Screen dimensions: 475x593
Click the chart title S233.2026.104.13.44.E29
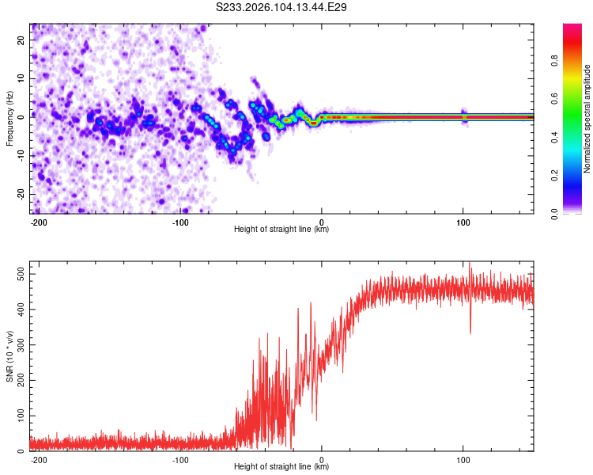pyautogui.click(x=282, y=7)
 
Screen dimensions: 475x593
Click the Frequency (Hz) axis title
pyautogui.click(x=9, y=118)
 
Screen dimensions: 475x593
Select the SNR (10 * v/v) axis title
pyautogui.click(x=9, y=356)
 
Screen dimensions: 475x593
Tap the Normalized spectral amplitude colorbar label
pyautogui.click(x=587, y=119)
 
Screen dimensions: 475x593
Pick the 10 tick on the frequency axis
pyautogui.click(x=21, y=79)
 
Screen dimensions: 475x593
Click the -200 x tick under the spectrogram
pyautogui.click(x=40, y=222)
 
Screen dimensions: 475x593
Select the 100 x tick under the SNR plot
pyautogui.click(x=463, y=459)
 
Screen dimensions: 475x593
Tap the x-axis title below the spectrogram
pyautogui.click(x=281, y=230)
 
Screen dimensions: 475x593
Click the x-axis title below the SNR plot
pyautogui.click(x=281, y=467)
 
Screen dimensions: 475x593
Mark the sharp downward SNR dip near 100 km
pyautogui.click(x=470, y=331)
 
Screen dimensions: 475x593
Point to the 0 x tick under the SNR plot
pyautogui.click(x=322, y=459)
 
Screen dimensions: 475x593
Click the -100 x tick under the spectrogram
pyautogui.click(x=180, y=222)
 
